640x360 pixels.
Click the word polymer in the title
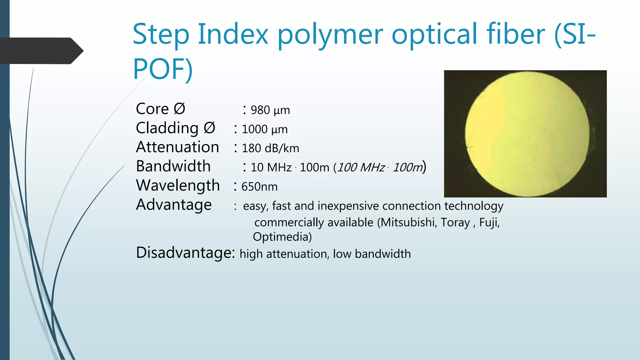point(330,34)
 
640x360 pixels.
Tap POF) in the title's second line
point(162,69)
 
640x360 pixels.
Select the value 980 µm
point(270,110)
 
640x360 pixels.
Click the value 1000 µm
point(264,129)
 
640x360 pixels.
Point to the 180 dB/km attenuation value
point(270,148)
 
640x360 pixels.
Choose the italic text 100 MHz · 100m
point(380,167)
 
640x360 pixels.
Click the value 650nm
point(259,187)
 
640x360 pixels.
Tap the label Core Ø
point(160,109)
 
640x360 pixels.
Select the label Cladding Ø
point(175,128)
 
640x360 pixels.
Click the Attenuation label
point(177,147)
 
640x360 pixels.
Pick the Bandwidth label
point(173,166)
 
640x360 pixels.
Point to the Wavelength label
point(178,186)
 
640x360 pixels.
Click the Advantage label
point(174,205)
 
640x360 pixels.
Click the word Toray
point(455,222)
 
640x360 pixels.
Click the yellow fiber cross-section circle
point(527,134)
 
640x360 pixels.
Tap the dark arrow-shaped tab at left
point(41,51)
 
